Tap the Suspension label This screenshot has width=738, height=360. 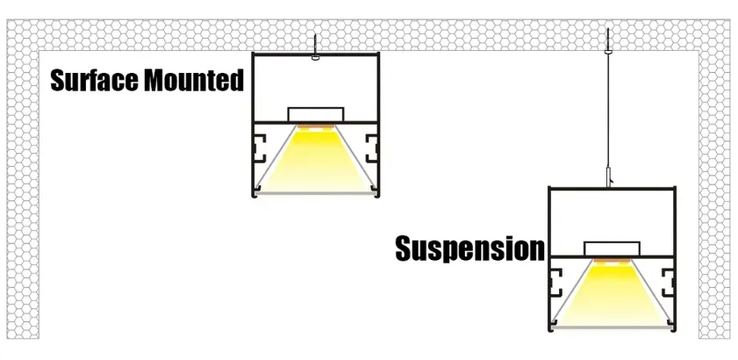pyautogui.click(x=469, y=248)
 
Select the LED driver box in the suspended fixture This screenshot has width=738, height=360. pyautogui.click(x=612, y=249)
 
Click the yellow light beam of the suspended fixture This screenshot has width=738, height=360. pyautogui.click(x=612, y=299)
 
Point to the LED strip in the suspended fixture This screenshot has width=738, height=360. pyautogui.click(x=612, y=263)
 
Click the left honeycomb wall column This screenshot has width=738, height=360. pyautogui.click(x=23, y=193)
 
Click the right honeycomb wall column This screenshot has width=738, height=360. pyautogui.click(x=714, y=193)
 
